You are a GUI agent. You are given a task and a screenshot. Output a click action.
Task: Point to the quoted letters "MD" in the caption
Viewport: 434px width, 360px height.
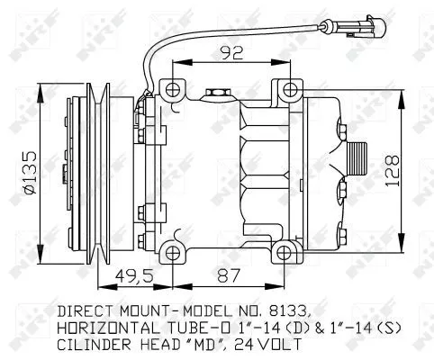click(x=208, y=345)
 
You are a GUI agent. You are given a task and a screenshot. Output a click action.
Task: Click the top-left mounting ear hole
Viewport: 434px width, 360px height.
click(x=171, y=88)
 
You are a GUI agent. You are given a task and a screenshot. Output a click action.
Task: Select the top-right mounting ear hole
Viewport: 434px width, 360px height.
click(x=287, y=88)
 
